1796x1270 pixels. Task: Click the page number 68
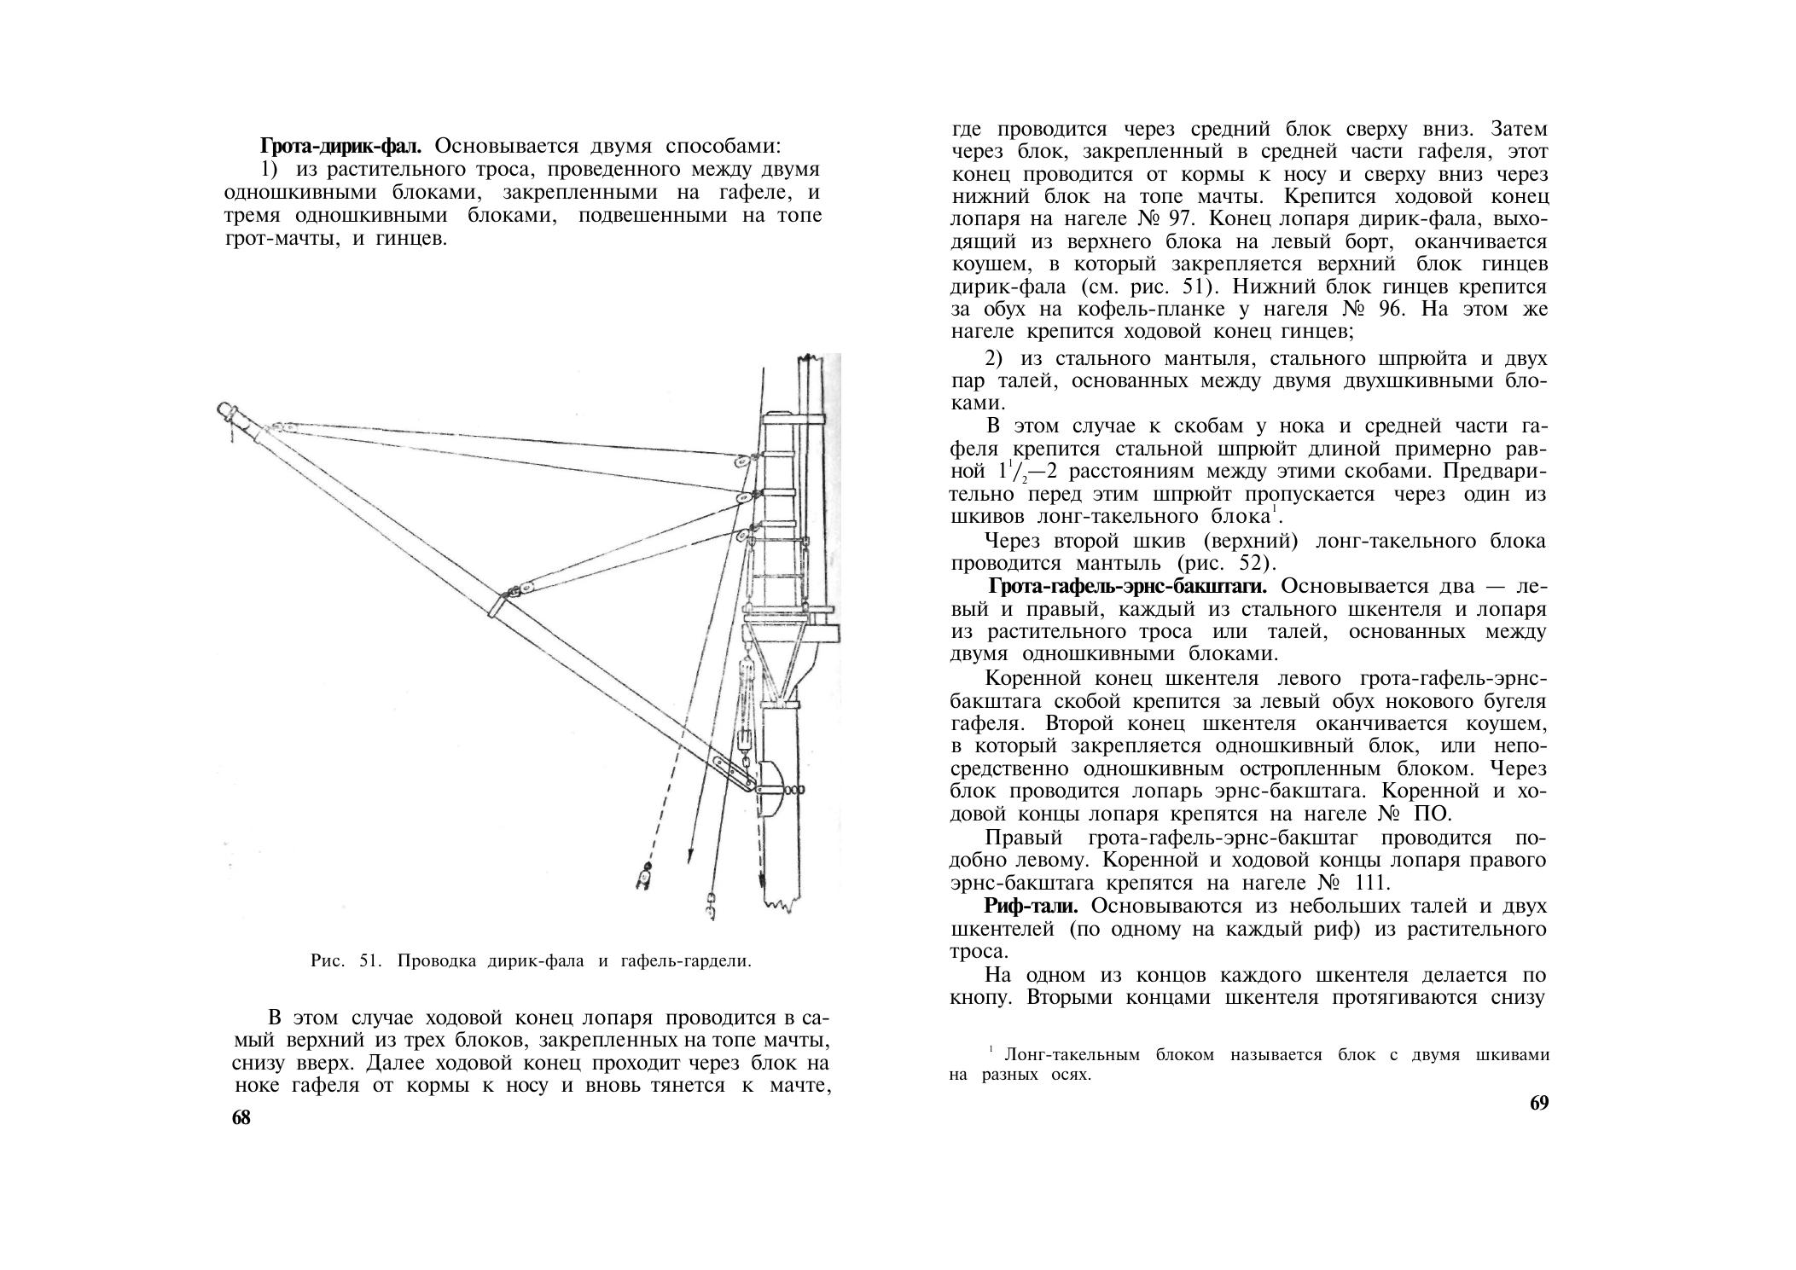point(241,1118)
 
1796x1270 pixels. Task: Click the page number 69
point(1539,1103)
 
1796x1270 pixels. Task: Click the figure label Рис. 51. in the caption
point(344,961)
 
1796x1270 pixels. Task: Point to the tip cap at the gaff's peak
point(226,411)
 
